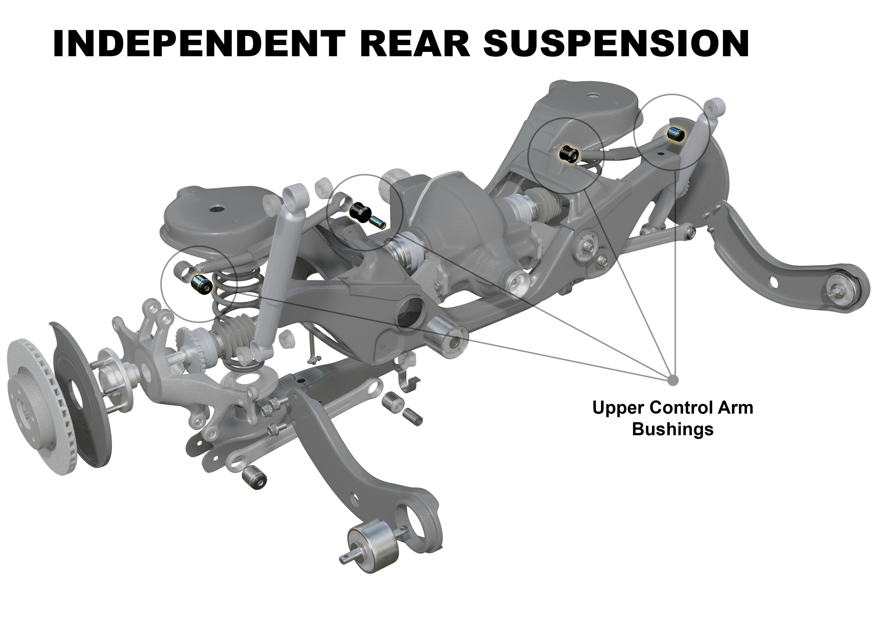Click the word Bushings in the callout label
(673, 429)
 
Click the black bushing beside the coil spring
(201, 285)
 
